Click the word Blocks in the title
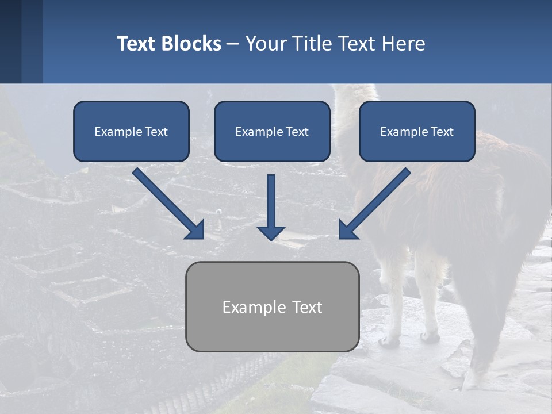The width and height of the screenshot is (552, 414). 193,44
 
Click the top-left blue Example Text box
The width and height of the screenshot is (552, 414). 131,131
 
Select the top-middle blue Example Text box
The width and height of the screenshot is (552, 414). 272,131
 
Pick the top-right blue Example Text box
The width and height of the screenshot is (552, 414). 417,131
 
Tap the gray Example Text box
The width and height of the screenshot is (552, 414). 272,306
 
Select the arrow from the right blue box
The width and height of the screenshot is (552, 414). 377,201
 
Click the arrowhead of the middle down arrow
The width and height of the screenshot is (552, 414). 271,232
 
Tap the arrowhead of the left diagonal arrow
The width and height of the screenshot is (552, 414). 195,230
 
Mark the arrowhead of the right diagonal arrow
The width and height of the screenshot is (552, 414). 347,230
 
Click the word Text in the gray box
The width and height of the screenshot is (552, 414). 308,307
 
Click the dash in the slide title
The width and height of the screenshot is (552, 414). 233,44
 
